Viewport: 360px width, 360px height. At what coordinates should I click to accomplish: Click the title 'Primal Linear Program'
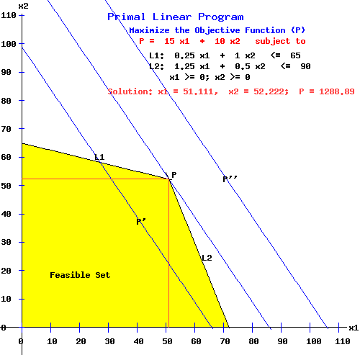coord(175,17)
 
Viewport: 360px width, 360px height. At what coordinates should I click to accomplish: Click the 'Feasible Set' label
coord(80,275)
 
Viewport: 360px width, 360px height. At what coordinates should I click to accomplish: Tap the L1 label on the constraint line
coord(99,157)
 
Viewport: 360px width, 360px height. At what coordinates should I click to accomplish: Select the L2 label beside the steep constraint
coord(207,258)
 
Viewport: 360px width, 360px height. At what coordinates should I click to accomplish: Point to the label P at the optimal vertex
coord(174,175)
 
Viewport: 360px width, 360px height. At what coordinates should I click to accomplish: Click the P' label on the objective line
coord(141,222)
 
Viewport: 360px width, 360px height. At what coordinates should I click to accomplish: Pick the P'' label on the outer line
coord(230,179)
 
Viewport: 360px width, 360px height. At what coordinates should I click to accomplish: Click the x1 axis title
coord(353,328)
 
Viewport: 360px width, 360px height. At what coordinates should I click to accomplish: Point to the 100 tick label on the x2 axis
coord(9,44)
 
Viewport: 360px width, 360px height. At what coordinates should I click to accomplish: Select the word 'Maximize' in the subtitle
coord(153,30)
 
